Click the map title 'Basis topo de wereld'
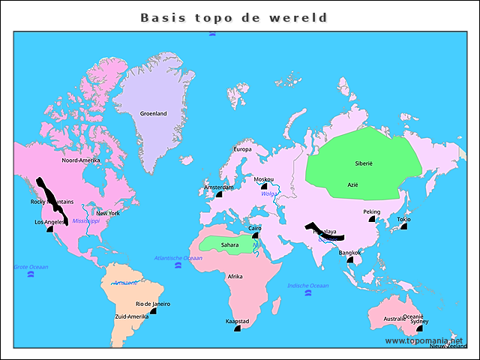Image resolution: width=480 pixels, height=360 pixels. (x=234, y=17)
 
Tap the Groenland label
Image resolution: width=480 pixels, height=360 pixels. (x=153, y=114)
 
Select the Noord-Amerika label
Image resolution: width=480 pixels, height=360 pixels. (x=81, y=160)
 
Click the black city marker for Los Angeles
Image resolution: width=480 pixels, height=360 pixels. (x=50, y=229)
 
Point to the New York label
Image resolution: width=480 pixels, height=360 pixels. (x=108, y=213)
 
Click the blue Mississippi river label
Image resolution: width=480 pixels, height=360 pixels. (x=86, y=221)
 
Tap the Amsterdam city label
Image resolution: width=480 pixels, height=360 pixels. (x=219, y=187)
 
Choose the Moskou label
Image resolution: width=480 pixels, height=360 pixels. (x=264, y=179)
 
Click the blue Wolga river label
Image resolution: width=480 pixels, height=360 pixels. (x=268, y=194)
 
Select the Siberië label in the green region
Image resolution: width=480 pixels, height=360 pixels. (x=364, y=163)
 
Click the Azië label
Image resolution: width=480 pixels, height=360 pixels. (x=352, y=184)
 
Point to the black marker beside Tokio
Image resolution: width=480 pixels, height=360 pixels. (x=403, y=226)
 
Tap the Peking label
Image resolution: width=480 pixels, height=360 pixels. (x=372, y=211)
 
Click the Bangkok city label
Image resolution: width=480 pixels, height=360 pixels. (x=349, y=253)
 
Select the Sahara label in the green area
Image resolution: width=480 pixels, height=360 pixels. (x=230, y=244)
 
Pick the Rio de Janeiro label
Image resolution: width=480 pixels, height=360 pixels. (x=152, y=304)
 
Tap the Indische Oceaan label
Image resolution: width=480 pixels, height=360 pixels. (x=308, y=286)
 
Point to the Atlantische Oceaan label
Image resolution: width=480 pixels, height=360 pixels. (x=178, y=258)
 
